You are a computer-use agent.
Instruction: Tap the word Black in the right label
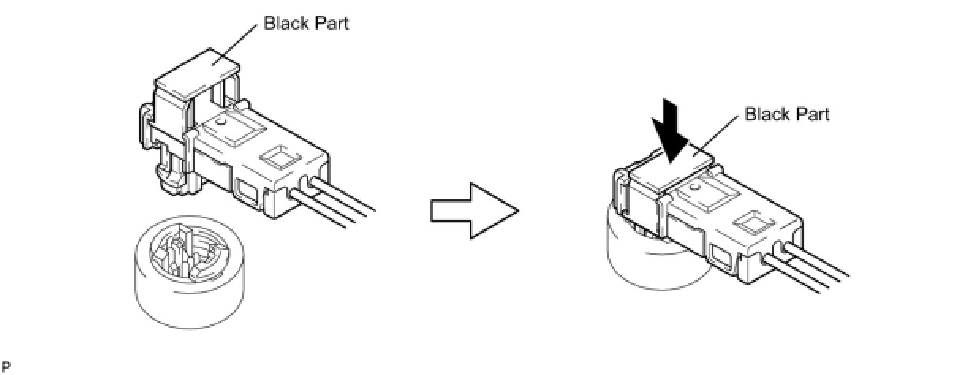tap(765, 115)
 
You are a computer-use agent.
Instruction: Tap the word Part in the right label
tap(813, 115)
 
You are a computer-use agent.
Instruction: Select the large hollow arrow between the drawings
tap(474, 210)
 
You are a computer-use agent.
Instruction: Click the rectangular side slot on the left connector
tap(248, 190)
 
